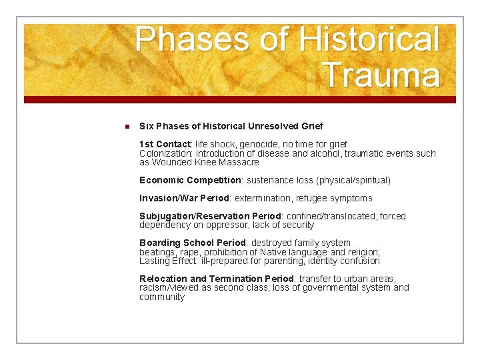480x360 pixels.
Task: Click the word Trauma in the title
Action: click(x=381, y=75)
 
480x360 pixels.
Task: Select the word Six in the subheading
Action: click(x=147, y=127)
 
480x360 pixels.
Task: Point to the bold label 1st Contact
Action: click(x=165, y=144)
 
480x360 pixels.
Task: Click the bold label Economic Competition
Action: click(x=190, y=180)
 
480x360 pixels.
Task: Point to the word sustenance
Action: click(x=270, y=180)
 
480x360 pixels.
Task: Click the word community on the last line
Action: click(x=162, y=297)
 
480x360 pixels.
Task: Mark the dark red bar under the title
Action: click(x=240, y=99)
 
